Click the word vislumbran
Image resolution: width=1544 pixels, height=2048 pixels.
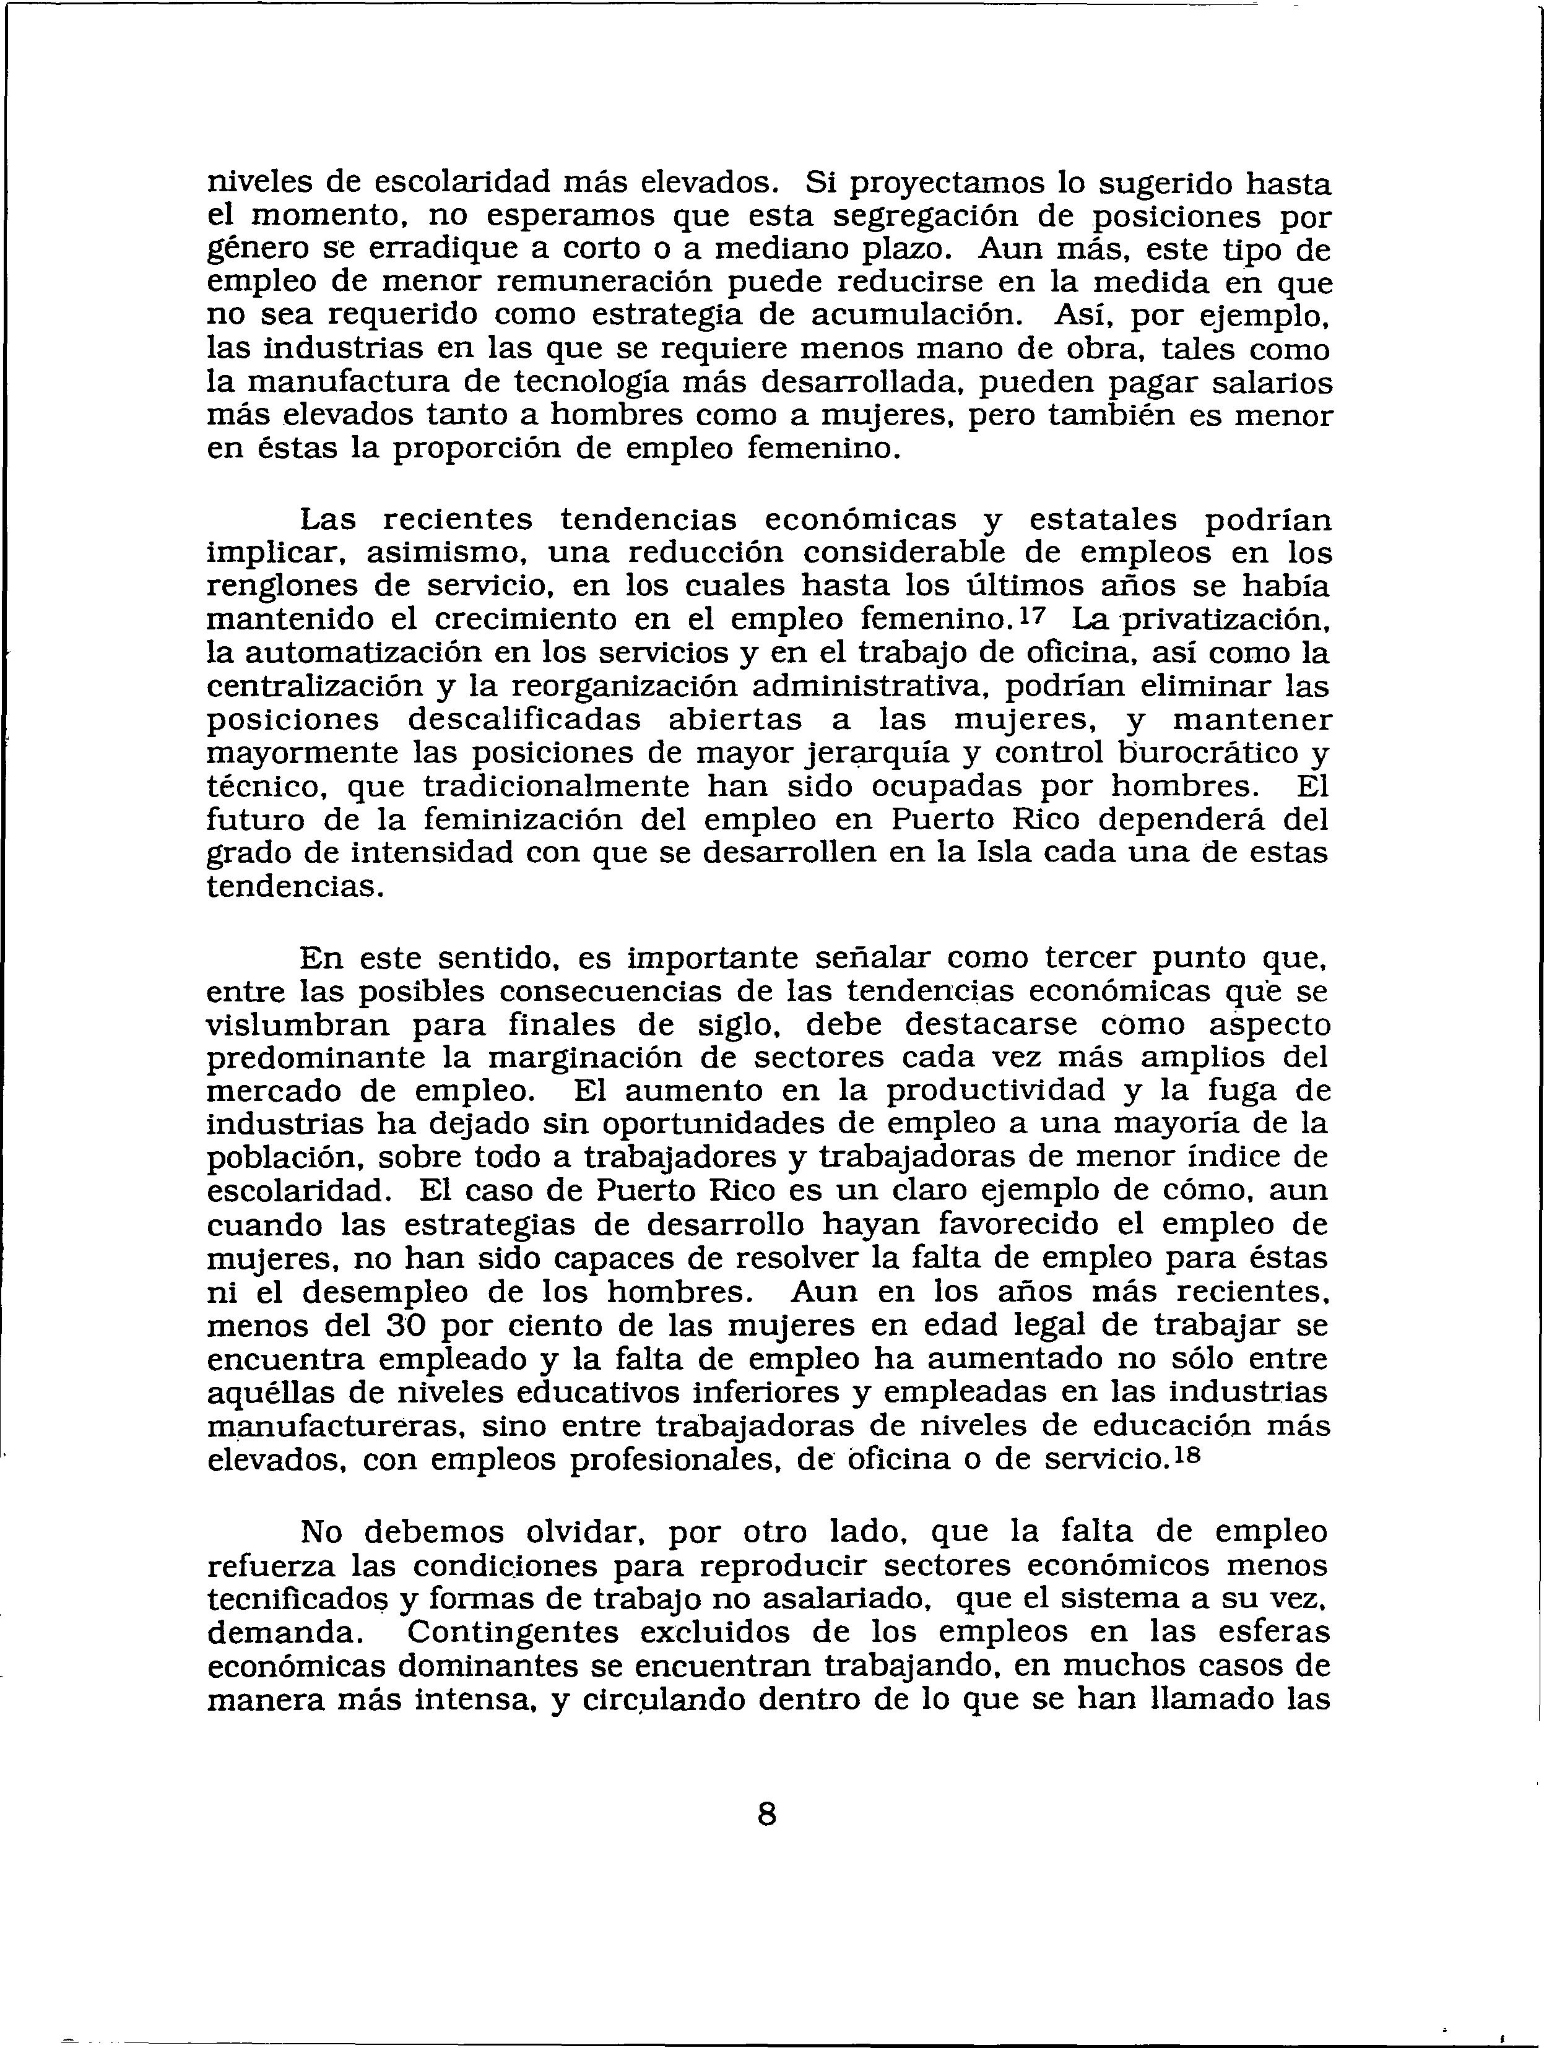point(299,1024)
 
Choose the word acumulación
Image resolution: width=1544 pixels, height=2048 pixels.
point(918,316)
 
